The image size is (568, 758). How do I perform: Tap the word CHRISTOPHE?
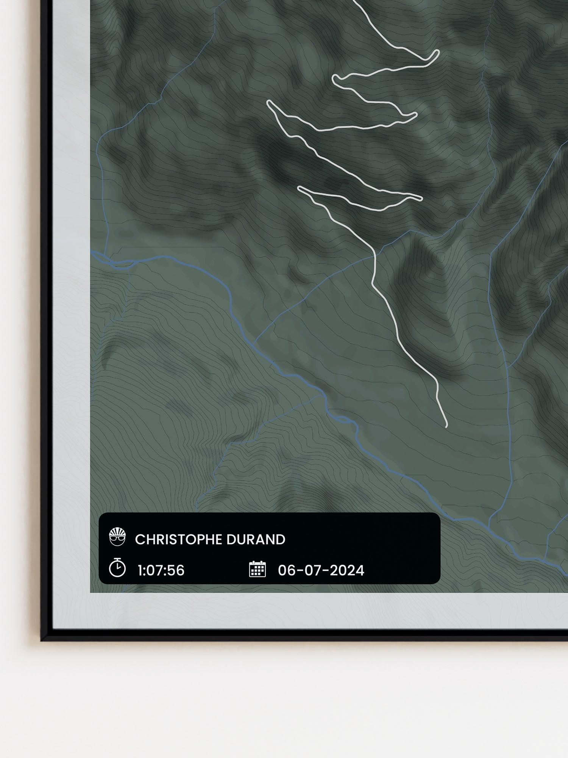click(x=177, y=540)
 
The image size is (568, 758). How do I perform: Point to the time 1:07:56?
click(x=161, y=570)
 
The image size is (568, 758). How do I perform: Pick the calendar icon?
click(x=257, y=569)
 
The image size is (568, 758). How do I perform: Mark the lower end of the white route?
click(x=446, y=426)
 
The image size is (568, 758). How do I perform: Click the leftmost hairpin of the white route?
click(x=268, y=102)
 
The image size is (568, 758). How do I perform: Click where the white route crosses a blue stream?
click(x=375, y=256)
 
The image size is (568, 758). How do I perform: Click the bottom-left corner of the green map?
click(x=91, y=592)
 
